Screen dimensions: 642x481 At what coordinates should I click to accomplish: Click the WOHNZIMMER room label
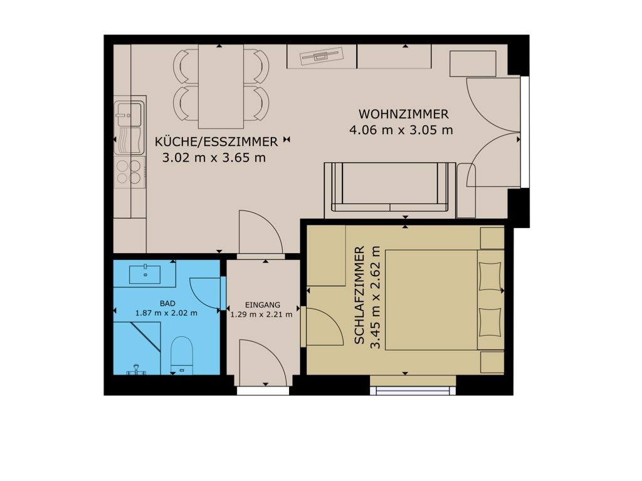pyautogui.click(x=403, y=114)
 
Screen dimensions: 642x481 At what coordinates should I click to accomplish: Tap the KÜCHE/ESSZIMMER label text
pyautogui.click(x=216, y=142)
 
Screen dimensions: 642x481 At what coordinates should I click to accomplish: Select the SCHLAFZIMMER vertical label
pyautogui.click(x=359, y=295)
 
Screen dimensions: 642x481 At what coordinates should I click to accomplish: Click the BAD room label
pyautogui.click(x=167, y=304)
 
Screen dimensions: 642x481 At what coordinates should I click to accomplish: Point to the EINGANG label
pyautogui.click(x=263, y=305)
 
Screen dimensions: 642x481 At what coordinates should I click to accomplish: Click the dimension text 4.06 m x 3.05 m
pyautogui.click(x=401, y=130)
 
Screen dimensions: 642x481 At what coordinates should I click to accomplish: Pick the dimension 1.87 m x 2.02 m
pyautogui.click(x=166, y=313)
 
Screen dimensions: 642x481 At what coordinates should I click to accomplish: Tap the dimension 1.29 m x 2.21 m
pyautogui.click(x=261, y=314)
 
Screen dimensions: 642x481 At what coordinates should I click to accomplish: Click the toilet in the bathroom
pyautogui.click(x=181, y=355)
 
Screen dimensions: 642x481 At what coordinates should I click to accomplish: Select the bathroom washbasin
pyautogui.click(x=145, y=274)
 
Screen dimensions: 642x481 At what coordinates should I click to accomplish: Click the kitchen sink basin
pyautogui.click(x=129, y=115)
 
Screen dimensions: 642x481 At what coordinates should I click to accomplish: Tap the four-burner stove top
pyautogui.click(x=129, y=172)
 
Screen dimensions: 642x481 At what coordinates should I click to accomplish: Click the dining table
pyautogui.click(x=221, y=86)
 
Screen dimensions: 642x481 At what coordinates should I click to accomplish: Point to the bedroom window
pyautogui.click(x=413, y=390)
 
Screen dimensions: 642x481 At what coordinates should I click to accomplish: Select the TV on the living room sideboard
pyautogui.click(x=322, y=56)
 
